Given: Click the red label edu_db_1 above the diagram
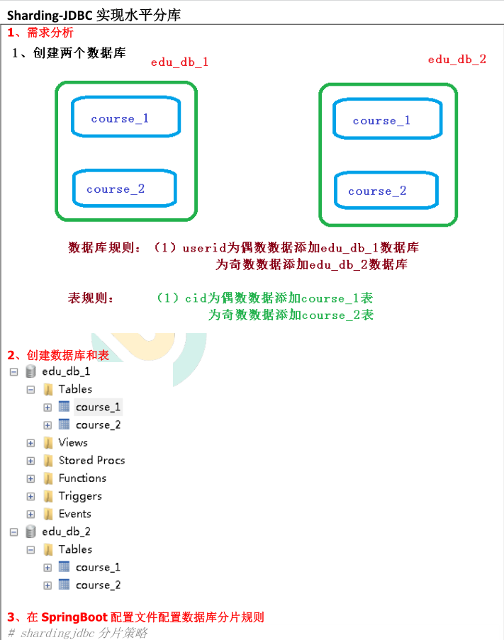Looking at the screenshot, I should tap(179, 62).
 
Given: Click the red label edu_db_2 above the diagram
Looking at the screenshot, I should tap(457, 60).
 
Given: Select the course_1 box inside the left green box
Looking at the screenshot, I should tap(125, 118).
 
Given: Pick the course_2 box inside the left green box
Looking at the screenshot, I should tap(124, 189).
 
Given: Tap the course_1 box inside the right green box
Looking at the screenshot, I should tap(388, 120).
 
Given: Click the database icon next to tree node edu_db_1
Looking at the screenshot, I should tap(30, 371).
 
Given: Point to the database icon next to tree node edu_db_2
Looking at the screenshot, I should tap(30, 532).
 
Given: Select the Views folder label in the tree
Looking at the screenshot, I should tap(73, 442).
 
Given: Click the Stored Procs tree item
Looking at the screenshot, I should tap(91, 460).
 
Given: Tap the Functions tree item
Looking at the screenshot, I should tap(82, 478).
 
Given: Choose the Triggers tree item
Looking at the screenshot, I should tap(80, 496).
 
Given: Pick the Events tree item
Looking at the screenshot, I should tap(74, 514).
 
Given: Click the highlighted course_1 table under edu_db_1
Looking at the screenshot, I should tap(98, 407).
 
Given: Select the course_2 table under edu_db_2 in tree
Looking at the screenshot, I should tap(98, 585).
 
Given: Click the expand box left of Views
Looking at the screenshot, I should tap(30, 443).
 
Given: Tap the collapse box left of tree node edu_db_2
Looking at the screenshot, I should tap(13, 532).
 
